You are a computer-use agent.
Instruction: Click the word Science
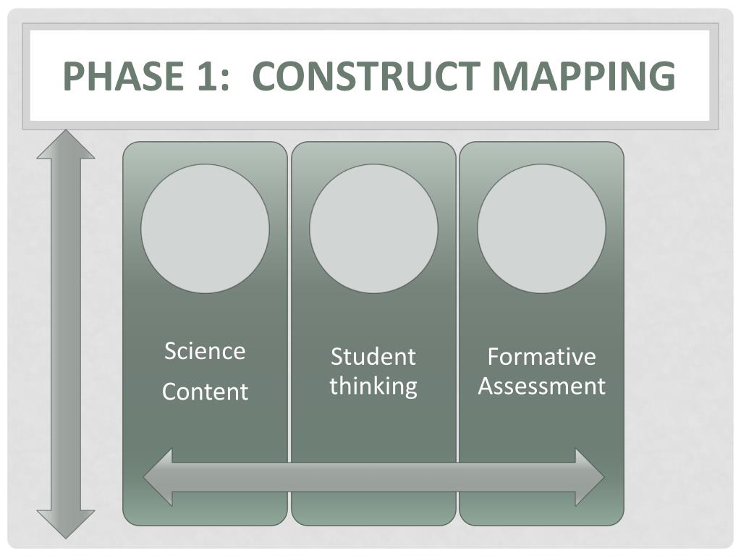click(205, 351)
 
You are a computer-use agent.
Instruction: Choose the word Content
click(205, 392)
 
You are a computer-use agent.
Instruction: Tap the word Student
click(373, 356)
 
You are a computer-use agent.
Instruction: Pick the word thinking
click(373, 385)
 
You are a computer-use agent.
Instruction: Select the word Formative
click(541, 356)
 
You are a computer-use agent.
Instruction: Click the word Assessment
click(541, 385)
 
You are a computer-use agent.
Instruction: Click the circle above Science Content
click(205, 229)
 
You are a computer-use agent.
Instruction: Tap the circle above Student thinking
click(373, 229)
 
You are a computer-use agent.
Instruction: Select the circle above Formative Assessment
click(541, 229)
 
